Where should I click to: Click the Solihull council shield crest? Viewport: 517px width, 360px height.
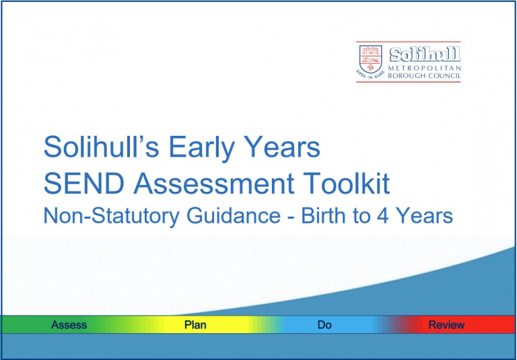pyautogui.click(x=371, y=59)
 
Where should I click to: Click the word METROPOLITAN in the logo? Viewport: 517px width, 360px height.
pyautogui.click(x=424, y=68)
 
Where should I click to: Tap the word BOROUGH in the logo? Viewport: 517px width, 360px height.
pyautogui.click(x=406, y=76)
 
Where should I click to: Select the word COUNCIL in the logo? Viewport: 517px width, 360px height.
pyautogui.click(x=444, y=76)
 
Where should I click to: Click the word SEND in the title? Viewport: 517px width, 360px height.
pyautogui.click(x=83, y=183)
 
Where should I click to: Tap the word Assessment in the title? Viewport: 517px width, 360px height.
pyautogui.click(x=213, y=183)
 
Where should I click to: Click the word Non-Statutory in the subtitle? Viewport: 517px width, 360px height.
pyautogui.click(x=112, y=216)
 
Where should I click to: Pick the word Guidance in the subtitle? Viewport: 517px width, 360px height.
pyautogui.click(x=234, y=216)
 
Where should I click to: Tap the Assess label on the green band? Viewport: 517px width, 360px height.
pyautogui.click(x=69, y=325)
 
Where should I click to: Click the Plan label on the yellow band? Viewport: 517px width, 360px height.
pyautogui.click(x=195, y=325)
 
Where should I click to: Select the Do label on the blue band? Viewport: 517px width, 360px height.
pyautogui.click(x=324, y=325)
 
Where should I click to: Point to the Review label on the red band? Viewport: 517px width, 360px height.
pyautogui.click(x=446, y=325)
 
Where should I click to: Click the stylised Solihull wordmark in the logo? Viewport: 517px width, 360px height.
pyautogui.click(x=425, y=55)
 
